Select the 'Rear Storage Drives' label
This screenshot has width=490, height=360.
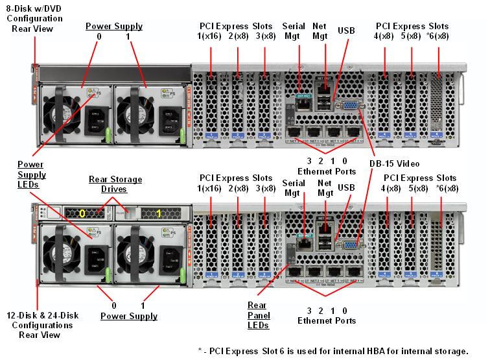pyautogui.click(x=115, y=184)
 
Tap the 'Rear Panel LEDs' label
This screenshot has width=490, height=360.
pyautogui.click(x=259, y=315)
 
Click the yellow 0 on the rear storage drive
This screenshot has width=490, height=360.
pyautogui.click(x=82, y=212)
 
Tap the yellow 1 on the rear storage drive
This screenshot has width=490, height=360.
pyautogui.click(x=159, y=212)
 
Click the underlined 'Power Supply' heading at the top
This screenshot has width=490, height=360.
pyautogui.click(x=114, y=27)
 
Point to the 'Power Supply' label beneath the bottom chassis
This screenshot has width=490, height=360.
pyautogui.click(x=129, y=316)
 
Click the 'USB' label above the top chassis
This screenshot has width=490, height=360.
pyautogui.click(x=346, y=30)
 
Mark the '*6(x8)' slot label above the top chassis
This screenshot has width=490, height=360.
pyautogui.click(x=436, y=36)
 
